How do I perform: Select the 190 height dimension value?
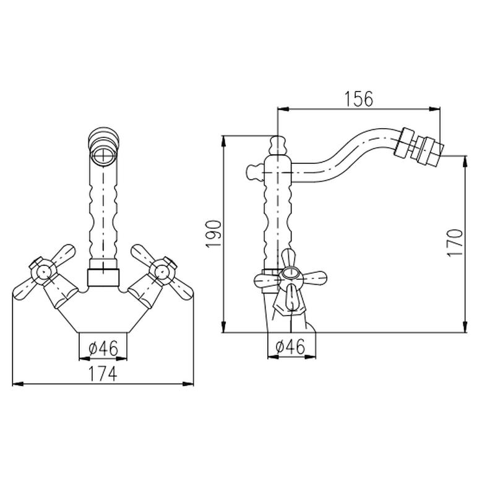(213, 234)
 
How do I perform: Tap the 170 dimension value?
(455, 243)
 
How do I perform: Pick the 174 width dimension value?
(102, 374)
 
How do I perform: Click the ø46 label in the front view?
(103, 348)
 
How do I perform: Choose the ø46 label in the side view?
(290, 346)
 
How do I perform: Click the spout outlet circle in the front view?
(103, 156)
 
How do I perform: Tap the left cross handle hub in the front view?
(44, 271)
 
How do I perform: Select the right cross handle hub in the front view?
(161, 271)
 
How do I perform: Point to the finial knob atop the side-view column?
(277, 145)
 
